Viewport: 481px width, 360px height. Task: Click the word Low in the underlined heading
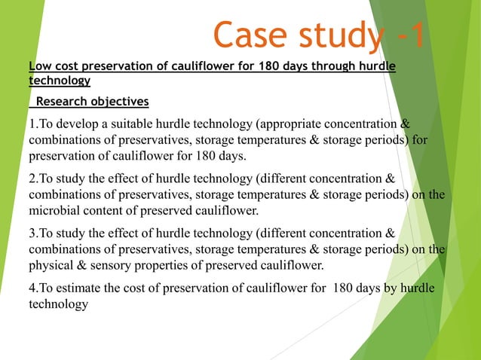(38, 67)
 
